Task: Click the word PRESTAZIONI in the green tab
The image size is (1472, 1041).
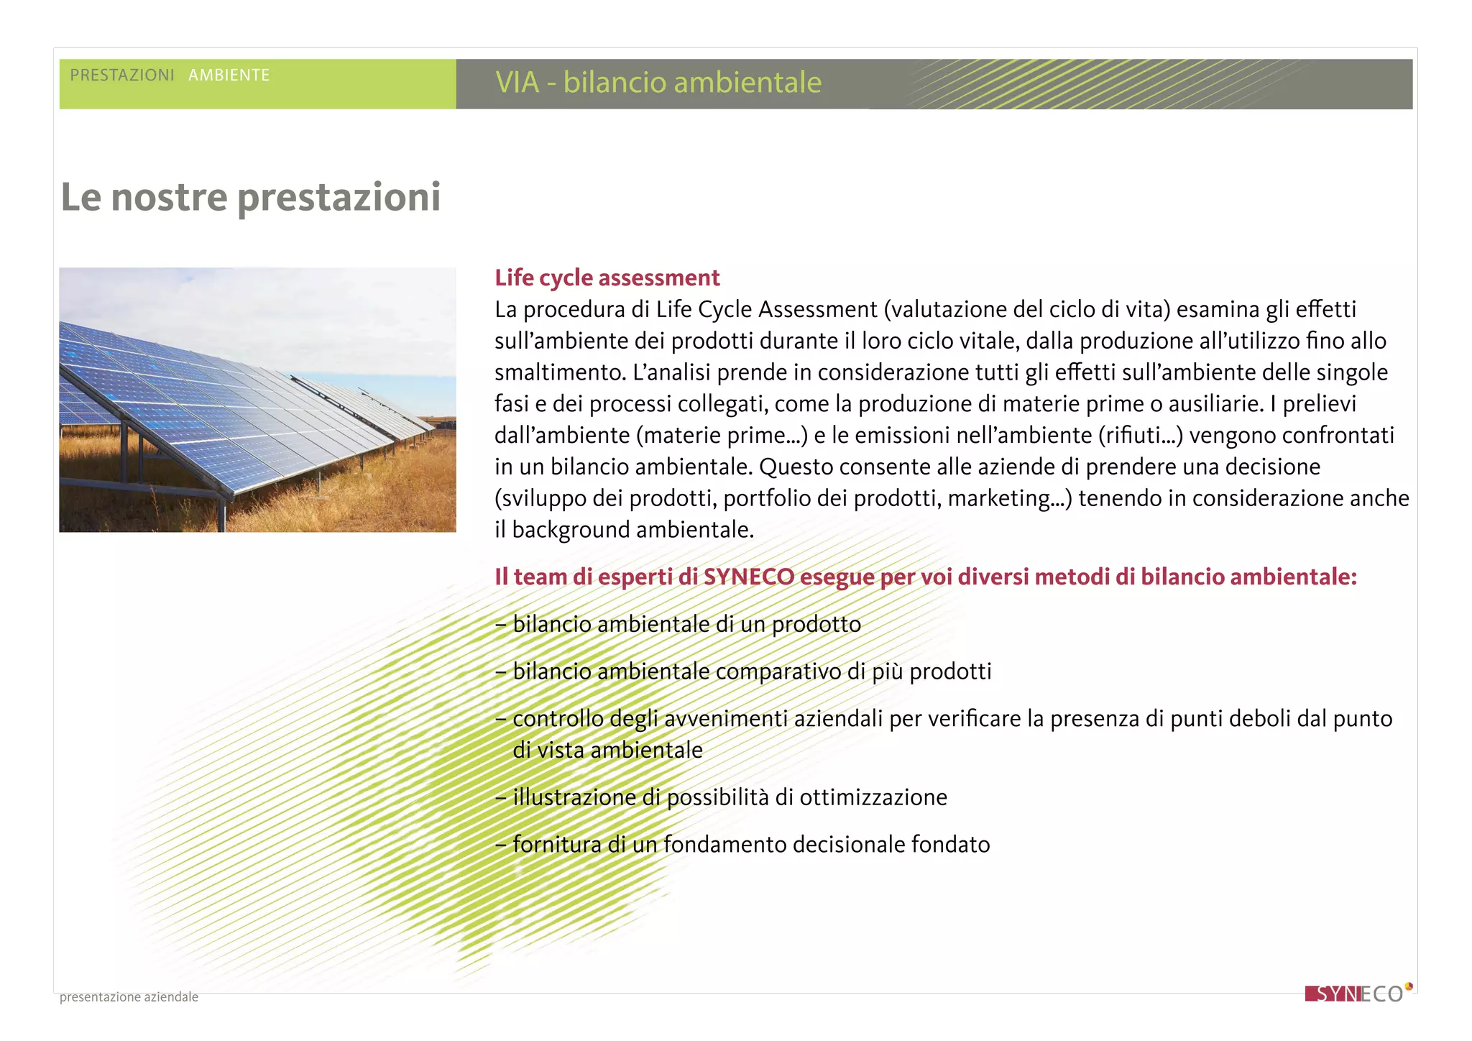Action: tap(122, 75)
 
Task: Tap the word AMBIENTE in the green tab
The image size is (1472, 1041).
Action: tap(229, 75)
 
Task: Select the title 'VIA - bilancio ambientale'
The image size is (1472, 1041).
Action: tap(658, 83)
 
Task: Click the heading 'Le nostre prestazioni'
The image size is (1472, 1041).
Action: tap(250, 197)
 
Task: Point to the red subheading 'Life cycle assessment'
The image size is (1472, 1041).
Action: tap(607, 278)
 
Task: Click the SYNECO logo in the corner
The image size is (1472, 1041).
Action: tap(1357, 994)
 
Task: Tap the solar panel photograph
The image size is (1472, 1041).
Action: tap(257, 400)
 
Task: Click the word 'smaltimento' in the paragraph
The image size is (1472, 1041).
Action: tap(559, 372)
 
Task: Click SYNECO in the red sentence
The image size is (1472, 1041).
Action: tap(748, 577)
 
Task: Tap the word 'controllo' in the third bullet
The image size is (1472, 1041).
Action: tap(558, 719)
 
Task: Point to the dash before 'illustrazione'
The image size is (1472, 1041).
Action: tap(501, 798)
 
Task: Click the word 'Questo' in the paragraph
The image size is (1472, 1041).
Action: tap(796, 467)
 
